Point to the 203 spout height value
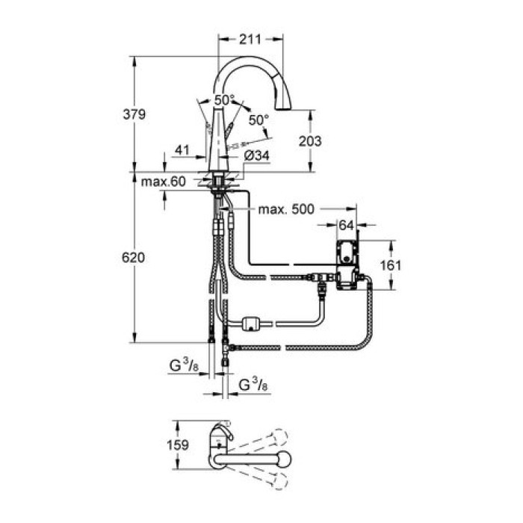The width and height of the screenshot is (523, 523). [x=310, y=140]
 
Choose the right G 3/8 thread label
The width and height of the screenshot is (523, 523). [x=253, y=386]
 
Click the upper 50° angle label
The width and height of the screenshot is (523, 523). [x=223, y=99]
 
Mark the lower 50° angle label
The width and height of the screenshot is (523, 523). [x=257, y=119]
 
